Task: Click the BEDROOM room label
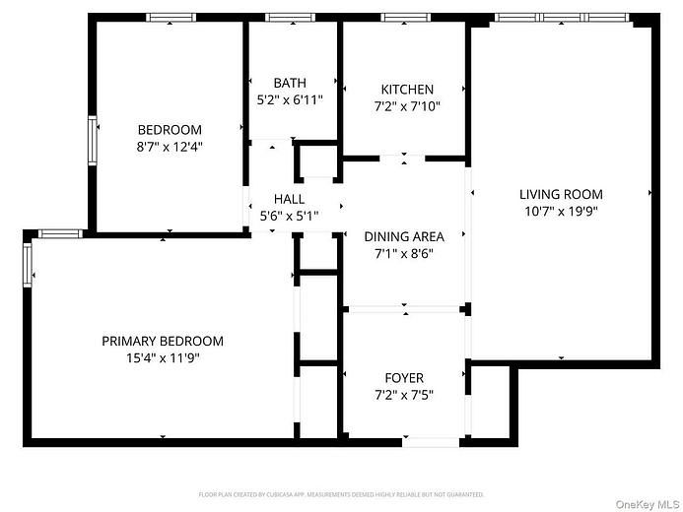(170, 130)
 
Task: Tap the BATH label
(291, 83)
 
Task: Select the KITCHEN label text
(406, 90)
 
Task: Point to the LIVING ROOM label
(561, 194)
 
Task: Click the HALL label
(289, 199)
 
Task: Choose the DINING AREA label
(404, 236)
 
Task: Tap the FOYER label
(404, 378)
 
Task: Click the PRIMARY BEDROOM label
(163, 342)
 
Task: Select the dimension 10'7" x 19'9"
(561, 211)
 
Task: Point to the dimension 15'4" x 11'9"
(163, 358)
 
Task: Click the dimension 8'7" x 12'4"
(170, 147)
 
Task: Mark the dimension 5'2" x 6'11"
(291, 99)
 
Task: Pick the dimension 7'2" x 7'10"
(406, 106)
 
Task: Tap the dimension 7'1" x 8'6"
(404, 253)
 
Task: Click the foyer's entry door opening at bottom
(430, 442)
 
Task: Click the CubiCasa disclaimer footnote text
(341, 494)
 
